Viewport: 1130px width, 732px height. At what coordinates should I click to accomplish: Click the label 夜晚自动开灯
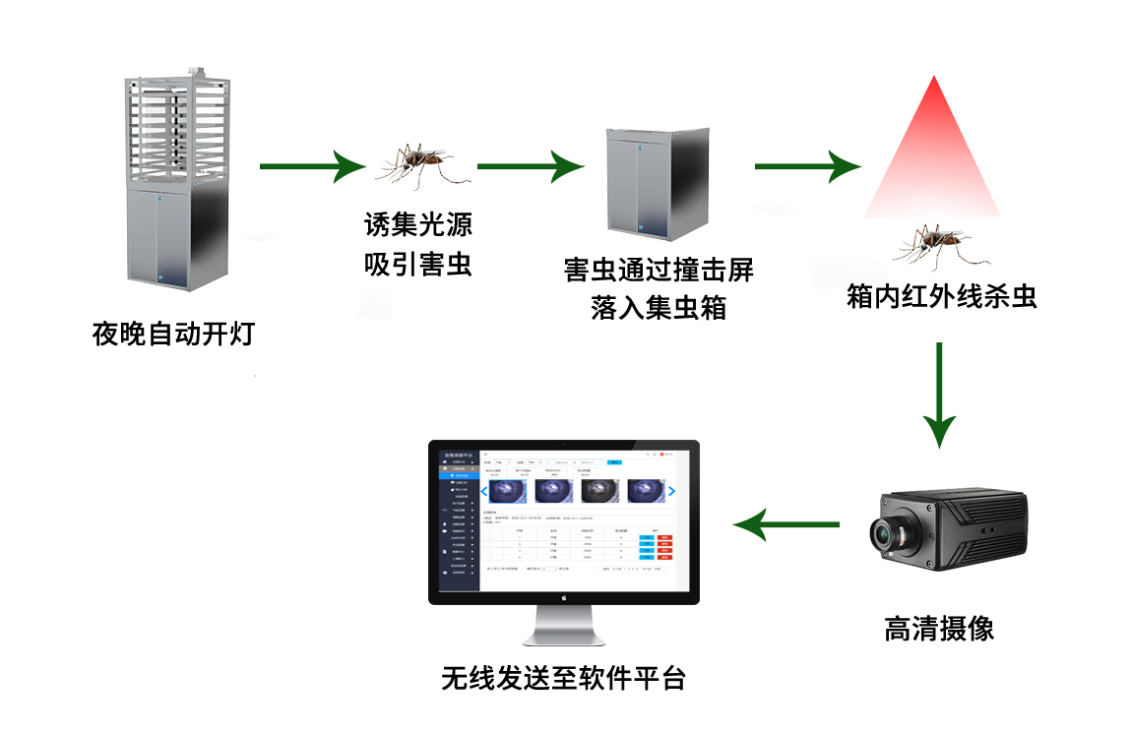[173, 335]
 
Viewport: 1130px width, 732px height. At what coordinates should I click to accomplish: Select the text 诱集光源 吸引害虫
[418, 245]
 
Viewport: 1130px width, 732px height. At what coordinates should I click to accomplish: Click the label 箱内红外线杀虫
[942, 296]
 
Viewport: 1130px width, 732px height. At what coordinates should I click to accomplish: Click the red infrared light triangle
[932, 157]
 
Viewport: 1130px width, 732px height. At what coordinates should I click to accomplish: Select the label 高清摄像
[939, 629]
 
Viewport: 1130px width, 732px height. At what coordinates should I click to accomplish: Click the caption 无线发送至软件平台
[563, 678]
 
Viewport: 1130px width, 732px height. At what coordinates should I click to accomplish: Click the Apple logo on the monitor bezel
[564, 597]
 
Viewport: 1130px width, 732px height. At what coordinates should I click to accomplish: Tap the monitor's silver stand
[564, 626]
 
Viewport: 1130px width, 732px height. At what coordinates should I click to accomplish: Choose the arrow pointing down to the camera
[940, 394]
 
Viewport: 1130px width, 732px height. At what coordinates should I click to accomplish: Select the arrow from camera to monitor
[787, 525]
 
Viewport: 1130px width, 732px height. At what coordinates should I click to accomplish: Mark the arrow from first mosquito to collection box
[530, 166]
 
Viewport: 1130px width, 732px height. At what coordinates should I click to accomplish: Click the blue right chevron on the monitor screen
[672, 491]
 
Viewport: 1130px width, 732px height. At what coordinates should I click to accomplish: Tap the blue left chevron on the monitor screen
[483, 491]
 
